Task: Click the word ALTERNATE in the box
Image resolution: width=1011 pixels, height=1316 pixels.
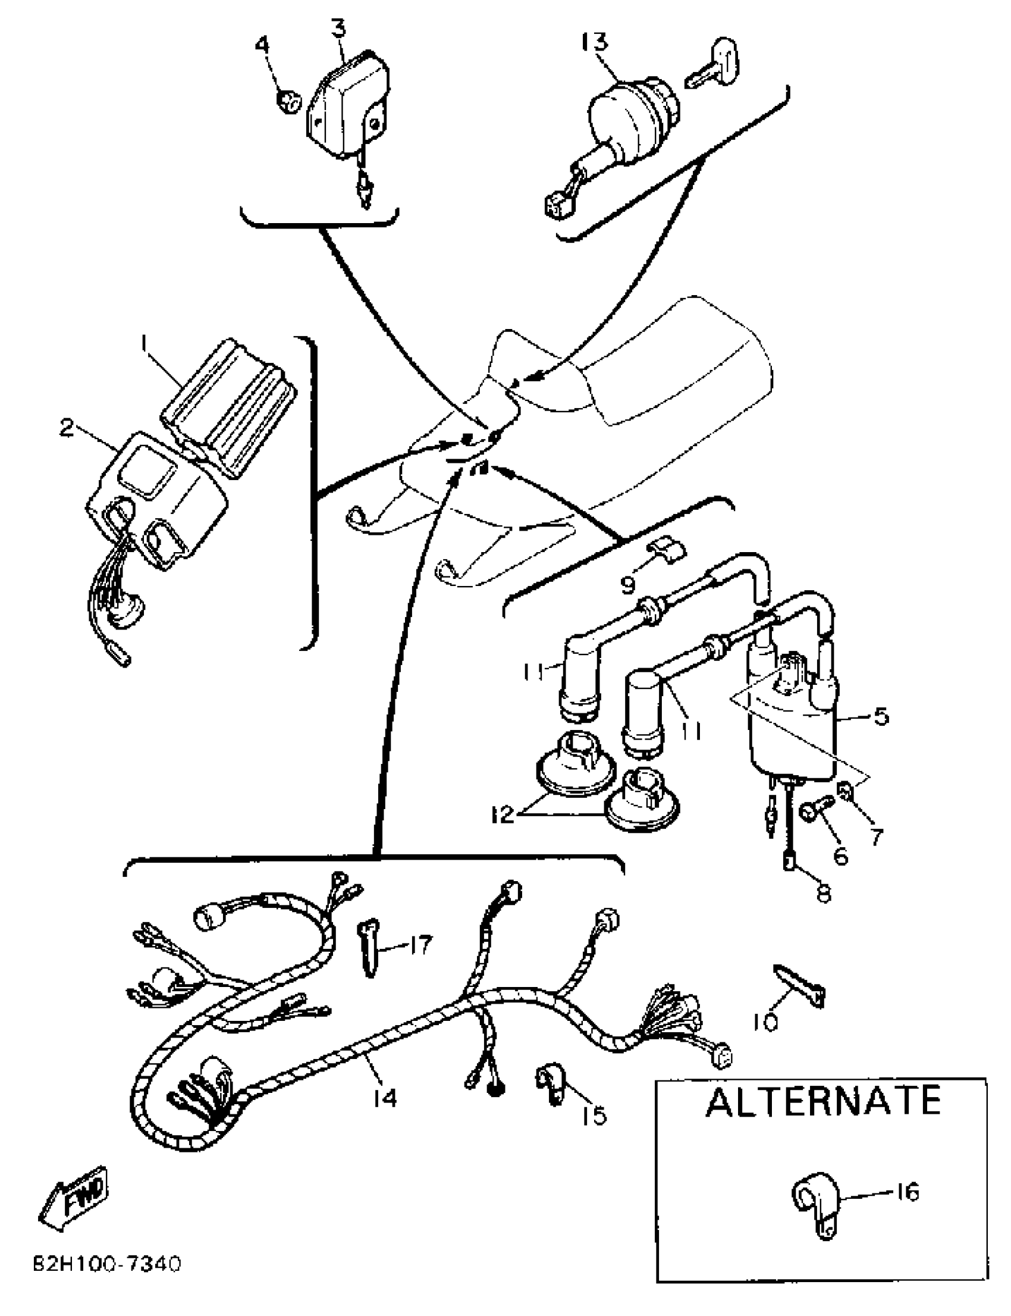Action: (822, 1101)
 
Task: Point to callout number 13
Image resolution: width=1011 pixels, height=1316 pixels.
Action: (595, 42)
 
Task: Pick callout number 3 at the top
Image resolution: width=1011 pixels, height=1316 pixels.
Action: (340, 28)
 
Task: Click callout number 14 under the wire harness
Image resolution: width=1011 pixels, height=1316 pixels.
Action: (384, 1098)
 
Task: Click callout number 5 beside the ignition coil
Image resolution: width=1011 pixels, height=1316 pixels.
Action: (880, 717)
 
